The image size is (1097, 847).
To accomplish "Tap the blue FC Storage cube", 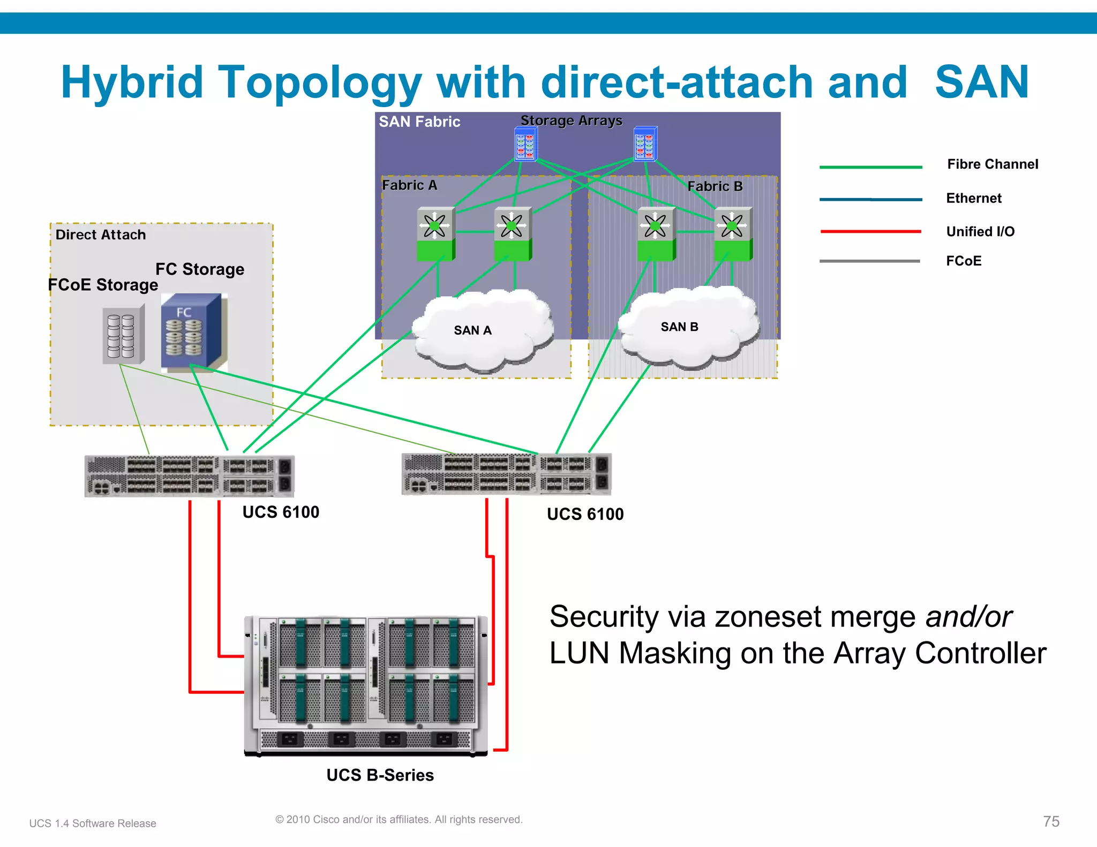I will pos(191,331).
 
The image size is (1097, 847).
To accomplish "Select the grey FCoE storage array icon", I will pos(124,335).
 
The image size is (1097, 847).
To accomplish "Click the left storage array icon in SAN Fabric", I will pos(525,144).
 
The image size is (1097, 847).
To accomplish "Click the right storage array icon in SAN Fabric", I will pos(645,143).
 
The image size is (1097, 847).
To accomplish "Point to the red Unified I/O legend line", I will pos(870,231).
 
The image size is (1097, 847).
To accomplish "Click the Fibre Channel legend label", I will pos(992,164).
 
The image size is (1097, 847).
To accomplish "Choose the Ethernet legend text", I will pos(973,198).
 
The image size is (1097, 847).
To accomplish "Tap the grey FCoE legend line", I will pos(869,261).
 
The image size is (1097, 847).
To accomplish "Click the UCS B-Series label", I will pos(380,775).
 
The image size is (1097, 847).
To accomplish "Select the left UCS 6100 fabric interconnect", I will pos(189,475).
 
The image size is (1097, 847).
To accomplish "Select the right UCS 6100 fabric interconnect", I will pos(506,474).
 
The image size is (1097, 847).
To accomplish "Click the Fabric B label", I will pos(715,186).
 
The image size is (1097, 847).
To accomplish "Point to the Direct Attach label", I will pos(101,235).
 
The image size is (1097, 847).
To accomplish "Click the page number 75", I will pos(1051,821).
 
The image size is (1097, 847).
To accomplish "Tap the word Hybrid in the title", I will pos(132,82).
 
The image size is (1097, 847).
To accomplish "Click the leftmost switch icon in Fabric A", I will pos(435,233).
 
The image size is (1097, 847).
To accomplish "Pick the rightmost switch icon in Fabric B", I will pos(733,233).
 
